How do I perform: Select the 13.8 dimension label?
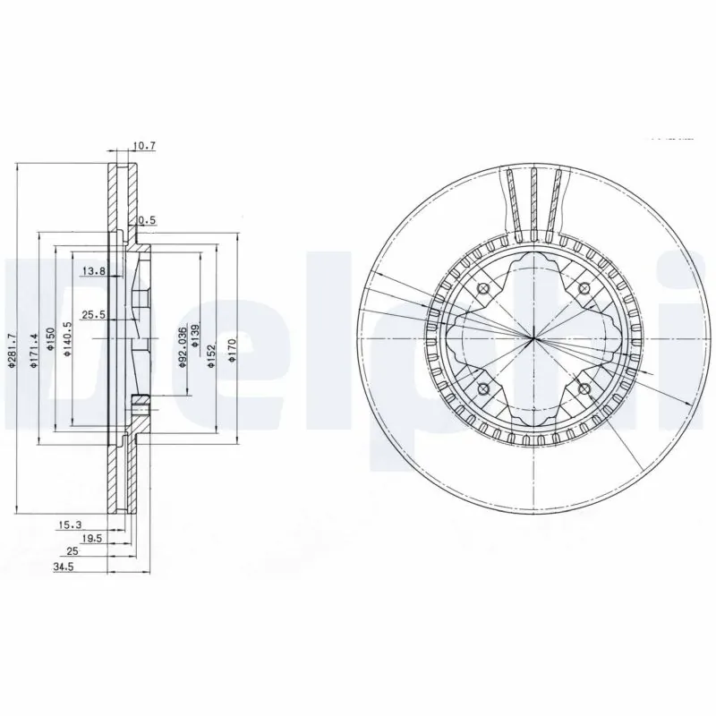coord(94,270)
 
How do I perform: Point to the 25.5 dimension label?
coord(94,314)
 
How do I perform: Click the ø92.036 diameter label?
coord(182,349)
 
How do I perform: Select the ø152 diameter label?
coord(212,353)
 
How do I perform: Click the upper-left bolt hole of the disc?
coord(483,288)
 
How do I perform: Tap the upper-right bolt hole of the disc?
coord(584,287)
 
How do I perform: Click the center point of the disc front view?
coord(533,337)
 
